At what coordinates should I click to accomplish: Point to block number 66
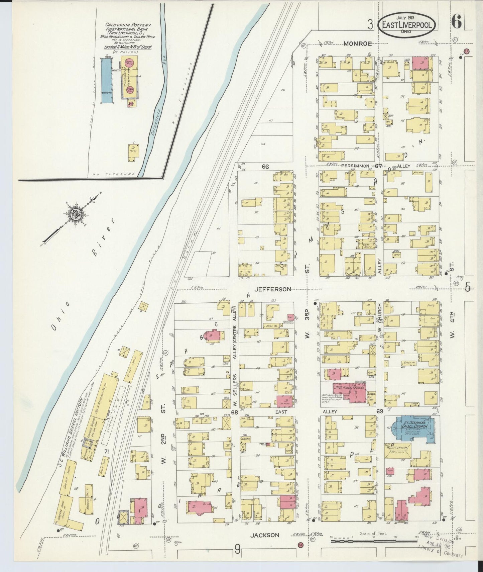[x=265, y=166]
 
